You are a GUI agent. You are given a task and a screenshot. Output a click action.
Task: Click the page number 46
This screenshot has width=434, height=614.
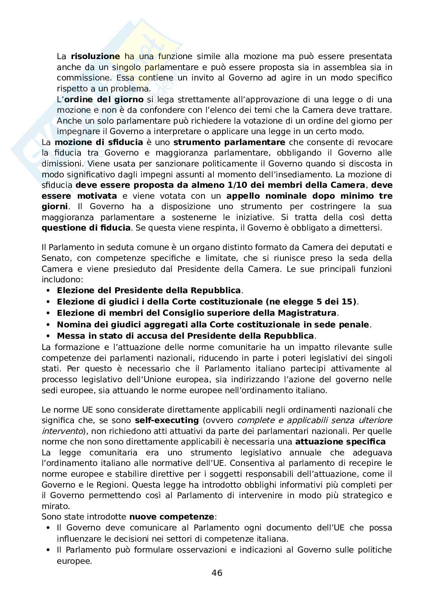tap(217, 573)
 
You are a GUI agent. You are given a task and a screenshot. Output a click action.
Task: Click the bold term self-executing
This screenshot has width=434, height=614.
tap(167, 420)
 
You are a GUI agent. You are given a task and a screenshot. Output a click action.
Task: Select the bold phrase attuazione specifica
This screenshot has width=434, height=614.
tap(340, 441)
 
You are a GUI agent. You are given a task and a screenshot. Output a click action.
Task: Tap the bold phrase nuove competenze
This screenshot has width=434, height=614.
tap(171, 517)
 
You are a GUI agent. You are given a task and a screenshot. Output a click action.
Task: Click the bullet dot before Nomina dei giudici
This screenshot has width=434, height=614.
tap(48, 324)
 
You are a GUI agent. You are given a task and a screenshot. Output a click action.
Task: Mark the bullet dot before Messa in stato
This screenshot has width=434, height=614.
tap(48, 336)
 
